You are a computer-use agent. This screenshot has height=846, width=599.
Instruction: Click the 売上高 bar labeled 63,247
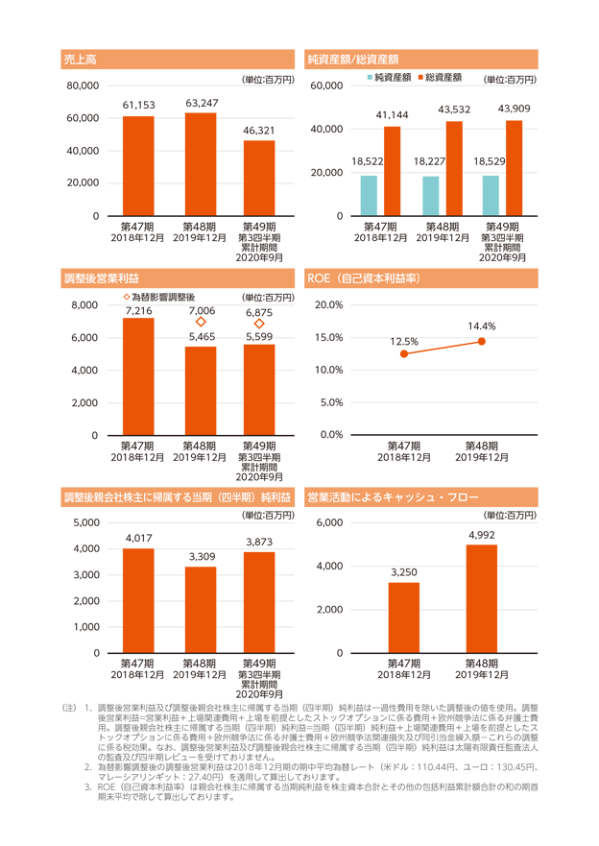(x=201, y=164)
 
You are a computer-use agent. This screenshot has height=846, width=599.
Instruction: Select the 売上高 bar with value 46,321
(x=259, y=178)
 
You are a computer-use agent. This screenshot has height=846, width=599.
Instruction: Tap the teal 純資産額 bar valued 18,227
(x=431, y=196)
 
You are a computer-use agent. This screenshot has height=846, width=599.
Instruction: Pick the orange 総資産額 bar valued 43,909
(x=514, y=168)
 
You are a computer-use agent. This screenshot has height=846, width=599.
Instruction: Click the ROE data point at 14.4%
(x=482, y=341)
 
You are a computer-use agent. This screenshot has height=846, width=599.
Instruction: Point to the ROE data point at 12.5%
(x=404, y=354)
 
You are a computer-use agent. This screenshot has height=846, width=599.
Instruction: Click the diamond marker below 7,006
(x=201, y=322)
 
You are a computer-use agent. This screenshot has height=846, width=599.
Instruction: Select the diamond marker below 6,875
(x=259, y=324)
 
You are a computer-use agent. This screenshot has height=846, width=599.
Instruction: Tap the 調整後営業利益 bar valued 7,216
(x=138, y=376)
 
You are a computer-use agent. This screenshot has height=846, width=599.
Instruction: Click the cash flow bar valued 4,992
(x=482, y=599)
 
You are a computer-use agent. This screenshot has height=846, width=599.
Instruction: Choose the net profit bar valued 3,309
(x=201, y=610)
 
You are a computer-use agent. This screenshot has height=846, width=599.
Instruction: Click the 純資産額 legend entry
(x=390, y=77)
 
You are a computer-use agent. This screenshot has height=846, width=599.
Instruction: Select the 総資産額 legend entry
(x=440, y=77)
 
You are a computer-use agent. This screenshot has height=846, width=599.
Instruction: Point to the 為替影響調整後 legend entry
(x=159, y=297)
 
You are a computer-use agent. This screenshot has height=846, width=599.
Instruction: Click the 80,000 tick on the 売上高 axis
(x=83, y=85)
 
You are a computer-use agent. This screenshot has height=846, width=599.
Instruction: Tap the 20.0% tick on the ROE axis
(x=329, y=304)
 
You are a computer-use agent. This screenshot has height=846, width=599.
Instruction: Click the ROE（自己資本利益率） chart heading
(x=364, y=278)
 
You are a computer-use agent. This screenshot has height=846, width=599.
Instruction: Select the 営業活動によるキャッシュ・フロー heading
(x=393, y=497)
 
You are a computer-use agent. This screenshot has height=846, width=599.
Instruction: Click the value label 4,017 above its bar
(x=138, y=538)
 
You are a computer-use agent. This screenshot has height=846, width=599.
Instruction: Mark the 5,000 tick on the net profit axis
(x=86, y=522)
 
